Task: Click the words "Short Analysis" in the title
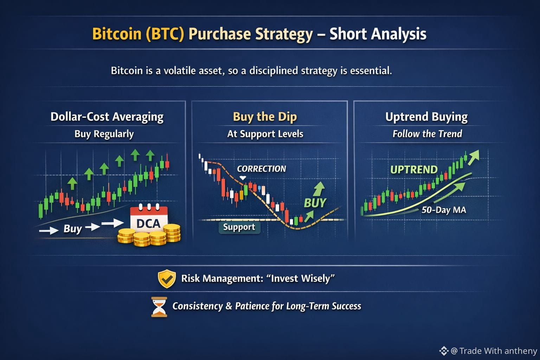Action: click(378, 34)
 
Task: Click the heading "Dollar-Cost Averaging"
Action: click(107, 117)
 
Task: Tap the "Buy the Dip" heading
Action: click(265, 117)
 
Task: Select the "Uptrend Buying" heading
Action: click(426, 117)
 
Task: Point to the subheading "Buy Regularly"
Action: click(104, 134)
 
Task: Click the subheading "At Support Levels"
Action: click(265, 134)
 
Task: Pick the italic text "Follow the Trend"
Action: click(427, 134)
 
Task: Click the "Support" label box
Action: click(239, 227)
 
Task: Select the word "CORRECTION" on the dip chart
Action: click(261, 169)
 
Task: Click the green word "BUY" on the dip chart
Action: click(315, 203)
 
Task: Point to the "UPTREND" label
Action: click(414, 170)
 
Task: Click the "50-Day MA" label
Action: click(444, 210)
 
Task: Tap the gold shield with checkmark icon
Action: click(167, 279)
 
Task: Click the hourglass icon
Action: click(159, 307)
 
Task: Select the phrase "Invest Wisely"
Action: click(301, 278)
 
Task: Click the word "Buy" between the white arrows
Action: click(73, 229)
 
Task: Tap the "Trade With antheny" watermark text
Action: click(498, 351)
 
